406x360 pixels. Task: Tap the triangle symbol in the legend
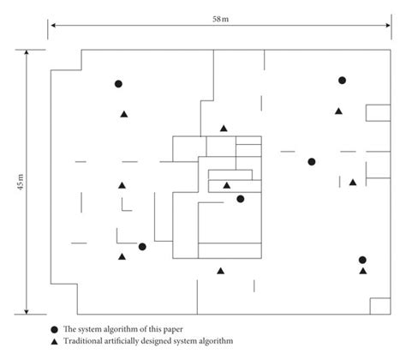pos(54,342)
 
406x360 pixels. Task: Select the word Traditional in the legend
pos(93,342)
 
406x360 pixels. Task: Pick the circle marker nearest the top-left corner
pos(119,84)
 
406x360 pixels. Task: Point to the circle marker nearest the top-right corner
pos(342,81)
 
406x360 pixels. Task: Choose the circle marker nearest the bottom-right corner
pos(362,260)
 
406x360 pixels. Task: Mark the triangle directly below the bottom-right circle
pos(362,272)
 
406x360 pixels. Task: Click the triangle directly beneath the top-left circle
pos(123,114)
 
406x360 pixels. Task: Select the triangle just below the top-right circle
pos(339,111)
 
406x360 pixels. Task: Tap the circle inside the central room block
pos(240,199)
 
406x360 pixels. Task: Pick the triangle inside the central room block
pos(227,185)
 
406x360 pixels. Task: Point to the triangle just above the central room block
pos(224,129)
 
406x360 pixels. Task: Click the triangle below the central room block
pos(220,271)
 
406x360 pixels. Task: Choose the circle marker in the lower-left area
pos(142,247)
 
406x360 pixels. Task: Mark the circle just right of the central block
pos(312,162)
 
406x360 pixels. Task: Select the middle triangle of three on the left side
pos(122,185)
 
